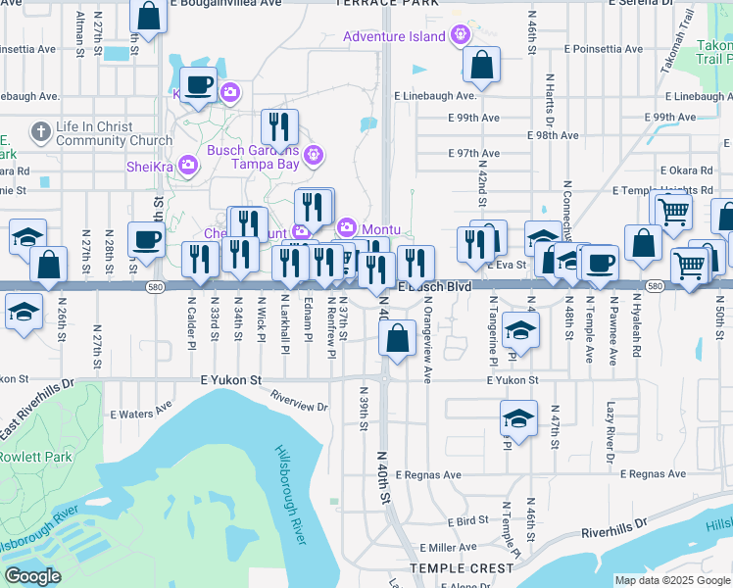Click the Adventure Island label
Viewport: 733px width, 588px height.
tap(396, 37)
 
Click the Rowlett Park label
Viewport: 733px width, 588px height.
tap(36, 457)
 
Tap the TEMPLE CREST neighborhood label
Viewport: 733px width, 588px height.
tap(462, 568)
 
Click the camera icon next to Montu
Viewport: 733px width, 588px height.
tap(346, 227)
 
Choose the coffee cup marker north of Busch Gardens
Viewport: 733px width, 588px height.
tap(199, 84)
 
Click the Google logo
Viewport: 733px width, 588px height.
tap(33, 576)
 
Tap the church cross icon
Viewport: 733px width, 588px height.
tap(40, 129)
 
